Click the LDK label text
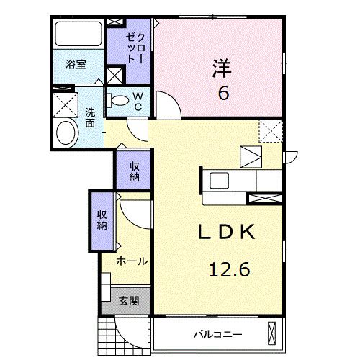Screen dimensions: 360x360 [x=225, y=233]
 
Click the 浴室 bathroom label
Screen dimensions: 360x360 [x=76, y=64]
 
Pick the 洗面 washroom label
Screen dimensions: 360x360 [x=90, y=117]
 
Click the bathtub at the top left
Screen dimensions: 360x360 [x=78, y=34]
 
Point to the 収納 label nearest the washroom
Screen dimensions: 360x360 [x=135, y=171]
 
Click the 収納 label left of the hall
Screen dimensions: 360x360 [x=102, y=220]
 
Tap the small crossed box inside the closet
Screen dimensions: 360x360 [x=114, y=74]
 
